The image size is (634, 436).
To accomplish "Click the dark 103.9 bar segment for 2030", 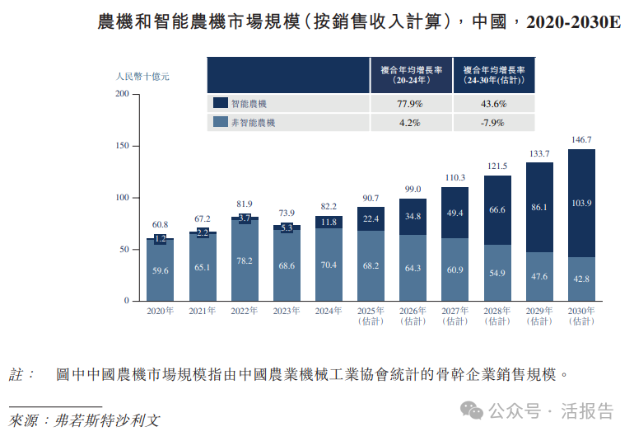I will [580, 203].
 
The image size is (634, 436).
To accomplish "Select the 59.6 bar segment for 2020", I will [161, 270].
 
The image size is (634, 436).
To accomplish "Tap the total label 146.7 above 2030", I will [580, 140].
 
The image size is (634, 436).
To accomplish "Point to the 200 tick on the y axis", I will [122, 94].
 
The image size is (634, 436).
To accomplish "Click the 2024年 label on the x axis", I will [329, 311].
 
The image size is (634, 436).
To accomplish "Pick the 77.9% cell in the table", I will [409, 104].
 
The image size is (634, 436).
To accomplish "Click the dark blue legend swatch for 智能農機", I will [220, 104].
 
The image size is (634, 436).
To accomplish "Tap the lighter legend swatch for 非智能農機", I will [220, 123].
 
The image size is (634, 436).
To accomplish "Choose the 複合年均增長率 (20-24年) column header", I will [409, 75].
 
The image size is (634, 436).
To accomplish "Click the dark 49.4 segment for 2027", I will [455, 213].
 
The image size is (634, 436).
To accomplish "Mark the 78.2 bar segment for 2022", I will [245, 260].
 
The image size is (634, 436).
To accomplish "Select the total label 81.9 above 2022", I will [245, 204].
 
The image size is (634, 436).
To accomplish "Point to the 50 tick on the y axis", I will [124, 249].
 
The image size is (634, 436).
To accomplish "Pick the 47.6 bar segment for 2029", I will [538, 276].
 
